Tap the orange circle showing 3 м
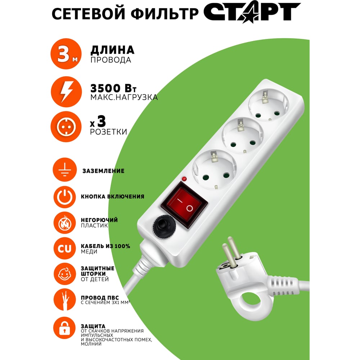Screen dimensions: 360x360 [66, 54]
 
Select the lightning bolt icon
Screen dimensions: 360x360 [66, 92]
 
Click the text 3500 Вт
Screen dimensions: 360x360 [113, 89]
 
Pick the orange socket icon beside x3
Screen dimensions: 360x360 [66, 126]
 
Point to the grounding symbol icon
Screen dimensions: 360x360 [65, 170]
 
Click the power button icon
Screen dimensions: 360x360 [65, 197]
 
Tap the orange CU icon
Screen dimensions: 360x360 [65, 248]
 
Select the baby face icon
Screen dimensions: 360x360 [65, 274]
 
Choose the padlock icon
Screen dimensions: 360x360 [64, 328]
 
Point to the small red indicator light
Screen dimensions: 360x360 [184, 179]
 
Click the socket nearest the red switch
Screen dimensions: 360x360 [214, 170]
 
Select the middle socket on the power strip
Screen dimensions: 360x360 [243, 136]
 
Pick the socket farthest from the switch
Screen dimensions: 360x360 [269, 105]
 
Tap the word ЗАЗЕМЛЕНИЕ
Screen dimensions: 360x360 [104, 171]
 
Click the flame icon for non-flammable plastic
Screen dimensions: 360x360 [65, 223]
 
